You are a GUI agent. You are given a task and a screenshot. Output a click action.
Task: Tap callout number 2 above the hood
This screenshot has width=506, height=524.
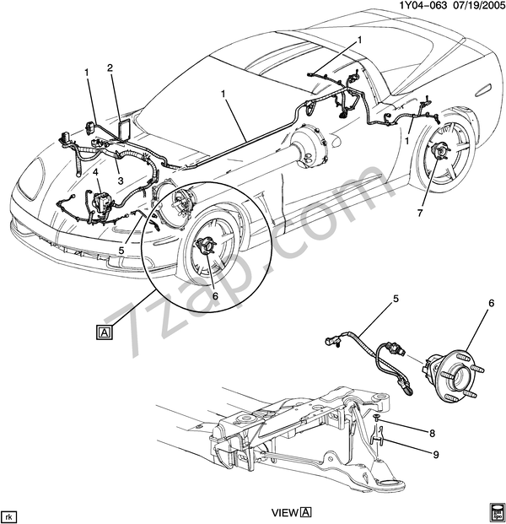coord(110,68)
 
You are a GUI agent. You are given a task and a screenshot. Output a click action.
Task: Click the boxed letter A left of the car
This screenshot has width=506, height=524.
coord(103,331)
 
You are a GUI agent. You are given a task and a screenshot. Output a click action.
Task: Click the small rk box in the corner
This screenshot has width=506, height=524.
coord(9,515)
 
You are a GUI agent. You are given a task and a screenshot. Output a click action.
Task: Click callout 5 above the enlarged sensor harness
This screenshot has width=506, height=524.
coord(395,299)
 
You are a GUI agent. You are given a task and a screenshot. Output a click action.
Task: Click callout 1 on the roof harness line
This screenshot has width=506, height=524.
coord(223,96)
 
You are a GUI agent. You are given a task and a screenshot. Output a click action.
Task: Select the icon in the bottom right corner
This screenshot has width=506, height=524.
coord(495,511)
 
